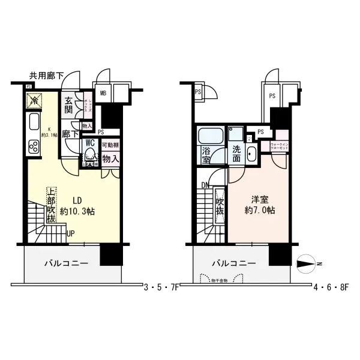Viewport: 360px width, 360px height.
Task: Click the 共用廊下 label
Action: click(x=46, y=76)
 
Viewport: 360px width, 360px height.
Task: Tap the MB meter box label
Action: click(x=103, y=93)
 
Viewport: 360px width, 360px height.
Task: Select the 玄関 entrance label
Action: click(x=69, y=106)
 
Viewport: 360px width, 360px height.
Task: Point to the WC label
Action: click(x=91, y=143)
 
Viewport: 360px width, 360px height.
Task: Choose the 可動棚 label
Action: click(x=110, y=145)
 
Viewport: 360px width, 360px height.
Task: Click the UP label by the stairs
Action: click(x=71, y=233)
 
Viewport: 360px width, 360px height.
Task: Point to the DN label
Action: click(x=205, y=185)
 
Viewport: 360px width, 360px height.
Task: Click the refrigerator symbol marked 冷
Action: click(x=35, y=100)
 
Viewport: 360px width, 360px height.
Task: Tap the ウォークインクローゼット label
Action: click(x=281, y=147)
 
